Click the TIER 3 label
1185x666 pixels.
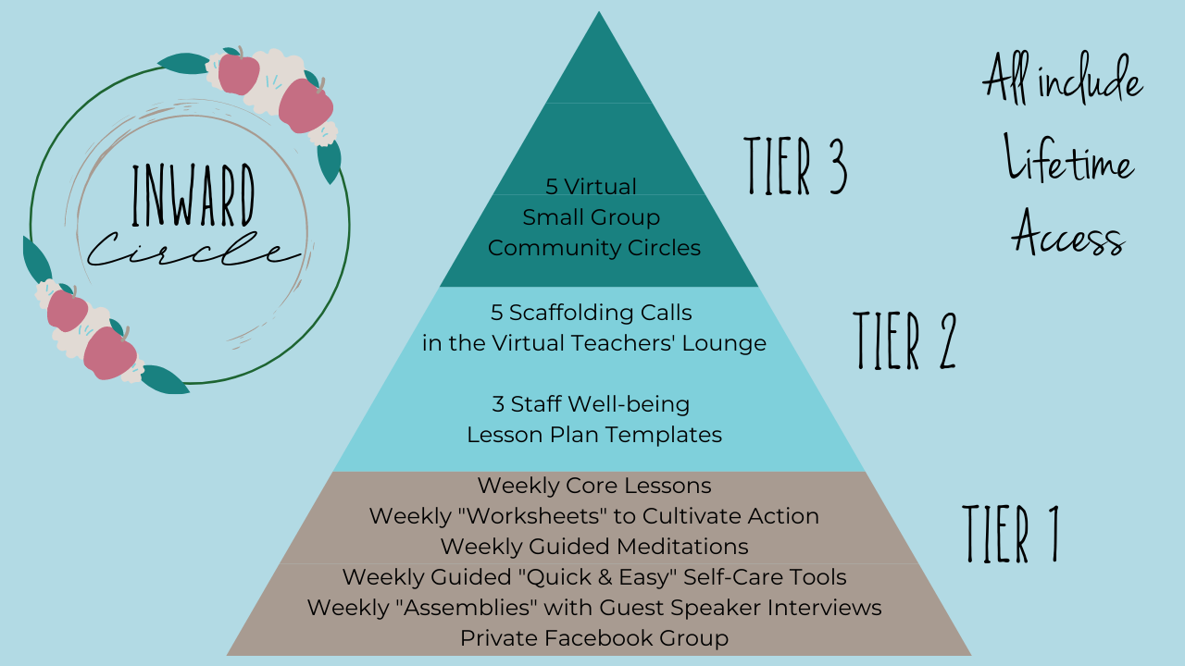pos(796,166)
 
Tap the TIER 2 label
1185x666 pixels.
pos(904,340)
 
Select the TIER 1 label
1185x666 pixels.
pos(1010,534)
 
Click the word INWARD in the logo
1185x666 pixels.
pos(193,196)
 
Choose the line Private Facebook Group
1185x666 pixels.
pos(593,638)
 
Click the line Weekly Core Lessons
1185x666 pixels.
pos(593,485)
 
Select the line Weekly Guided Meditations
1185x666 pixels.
pos(593,546)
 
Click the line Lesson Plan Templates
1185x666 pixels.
pos(593,434)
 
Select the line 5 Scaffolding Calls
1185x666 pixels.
pos(592,312)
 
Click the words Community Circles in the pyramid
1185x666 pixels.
pos(593,248)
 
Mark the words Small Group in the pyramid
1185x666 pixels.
pos(592,217)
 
